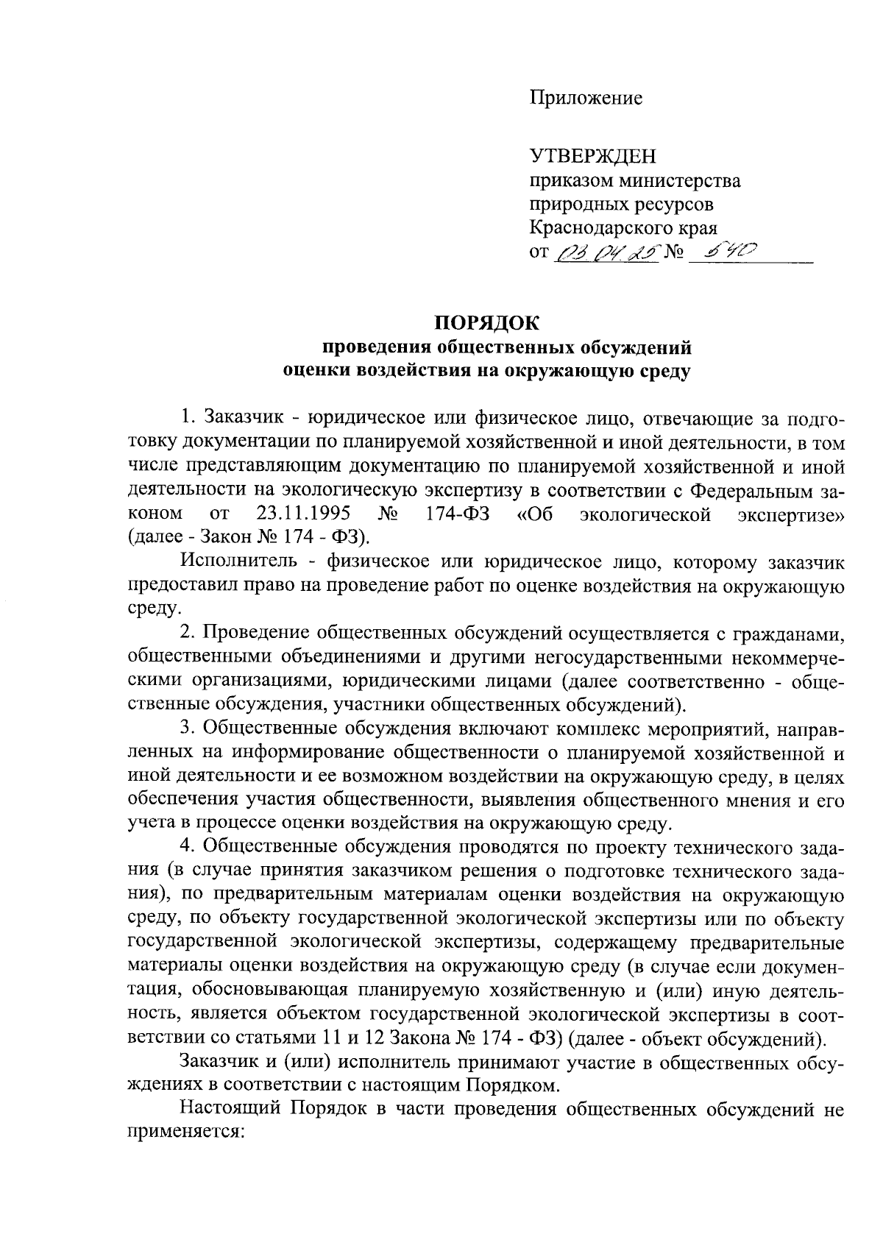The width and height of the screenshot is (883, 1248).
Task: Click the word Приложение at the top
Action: coord(586,99)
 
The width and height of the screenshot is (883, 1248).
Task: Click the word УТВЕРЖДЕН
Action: coord(592,157)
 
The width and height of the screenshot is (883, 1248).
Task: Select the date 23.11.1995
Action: coord(302,513)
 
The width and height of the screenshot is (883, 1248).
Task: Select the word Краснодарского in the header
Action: coord(601,227)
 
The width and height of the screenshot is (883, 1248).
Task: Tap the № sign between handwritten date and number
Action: coord(674,254)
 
